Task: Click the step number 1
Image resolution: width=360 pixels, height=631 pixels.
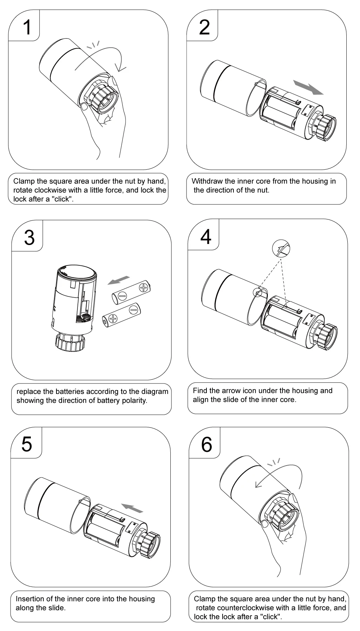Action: [27, 27]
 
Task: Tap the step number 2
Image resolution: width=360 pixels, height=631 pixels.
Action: [204, 27]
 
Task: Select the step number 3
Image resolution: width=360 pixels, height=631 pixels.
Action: [29, 237]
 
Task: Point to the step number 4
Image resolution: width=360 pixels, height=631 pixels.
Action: [206, 237]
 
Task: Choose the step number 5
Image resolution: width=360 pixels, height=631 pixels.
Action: [27, 444]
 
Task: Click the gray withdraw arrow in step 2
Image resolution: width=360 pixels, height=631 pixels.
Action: [308, 87]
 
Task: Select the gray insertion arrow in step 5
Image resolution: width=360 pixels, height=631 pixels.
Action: [132, 508]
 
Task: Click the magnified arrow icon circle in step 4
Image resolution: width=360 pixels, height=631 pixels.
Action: [281, 249]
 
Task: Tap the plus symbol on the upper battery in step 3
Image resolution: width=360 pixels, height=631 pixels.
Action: [144, 288]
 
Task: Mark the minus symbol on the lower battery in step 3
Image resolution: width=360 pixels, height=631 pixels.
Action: [133, 310]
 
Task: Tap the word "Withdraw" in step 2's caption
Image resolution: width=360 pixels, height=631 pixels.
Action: [207, 181]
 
